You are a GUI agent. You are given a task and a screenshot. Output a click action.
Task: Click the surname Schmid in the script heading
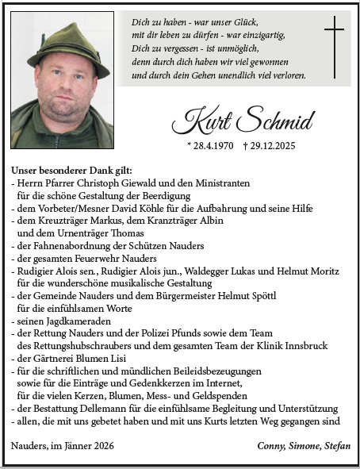[x=274, y=121]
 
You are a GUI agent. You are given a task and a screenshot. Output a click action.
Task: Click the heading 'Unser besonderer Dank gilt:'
[x=71, y=171]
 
